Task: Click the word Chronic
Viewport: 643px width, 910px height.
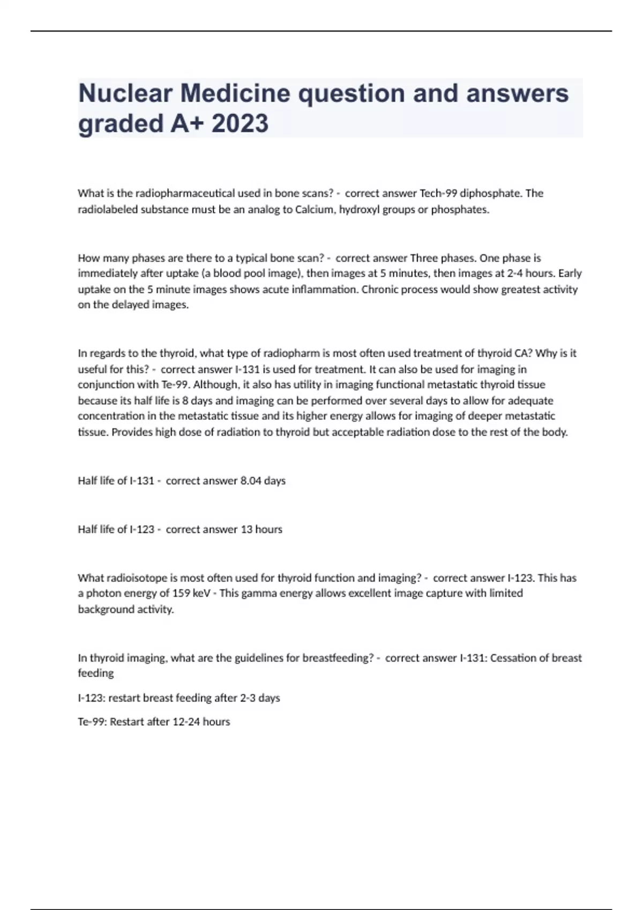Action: click(381, 290)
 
